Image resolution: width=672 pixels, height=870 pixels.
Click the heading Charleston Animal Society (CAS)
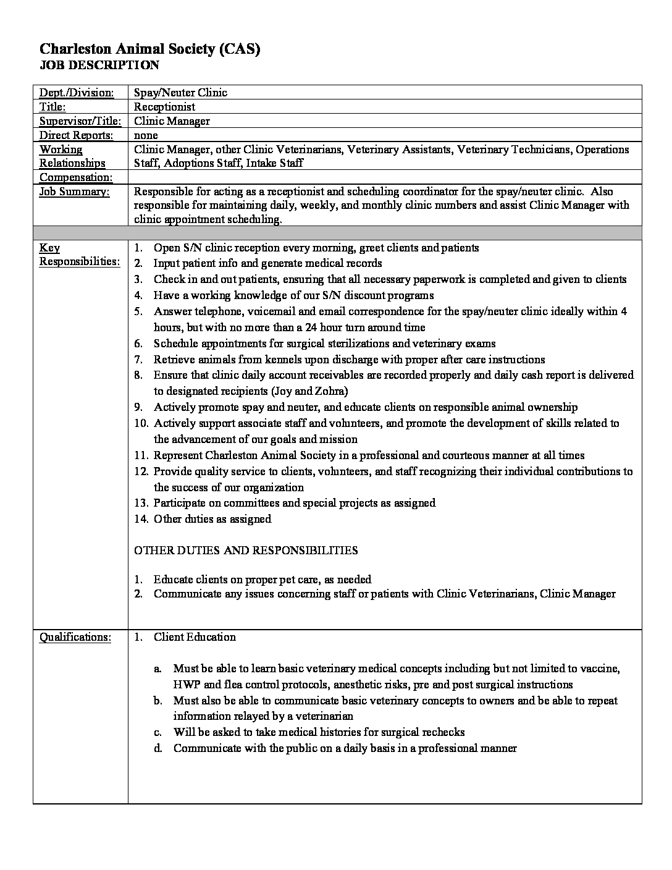149,49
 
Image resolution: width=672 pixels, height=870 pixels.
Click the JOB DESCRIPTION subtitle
99,65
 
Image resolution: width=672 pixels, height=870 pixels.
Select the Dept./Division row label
77,93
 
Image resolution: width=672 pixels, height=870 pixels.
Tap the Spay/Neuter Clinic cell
180,93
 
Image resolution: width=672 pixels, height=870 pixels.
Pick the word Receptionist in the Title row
164,107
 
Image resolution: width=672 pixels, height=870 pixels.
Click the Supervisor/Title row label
80,121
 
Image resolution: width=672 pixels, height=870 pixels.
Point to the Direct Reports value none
146,135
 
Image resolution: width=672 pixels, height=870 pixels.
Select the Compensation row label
76,178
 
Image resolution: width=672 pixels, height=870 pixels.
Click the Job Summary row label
74,192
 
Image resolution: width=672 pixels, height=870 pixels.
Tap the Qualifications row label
75,637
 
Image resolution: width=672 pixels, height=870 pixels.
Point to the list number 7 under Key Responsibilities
139,360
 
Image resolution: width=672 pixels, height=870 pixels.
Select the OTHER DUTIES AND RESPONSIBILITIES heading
246,550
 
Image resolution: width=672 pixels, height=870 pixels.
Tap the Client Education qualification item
195,637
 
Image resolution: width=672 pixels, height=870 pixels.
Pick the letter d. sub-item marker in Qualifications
159,748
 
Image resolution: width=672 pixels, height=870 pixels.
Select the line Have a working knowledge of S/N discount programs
293,295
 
